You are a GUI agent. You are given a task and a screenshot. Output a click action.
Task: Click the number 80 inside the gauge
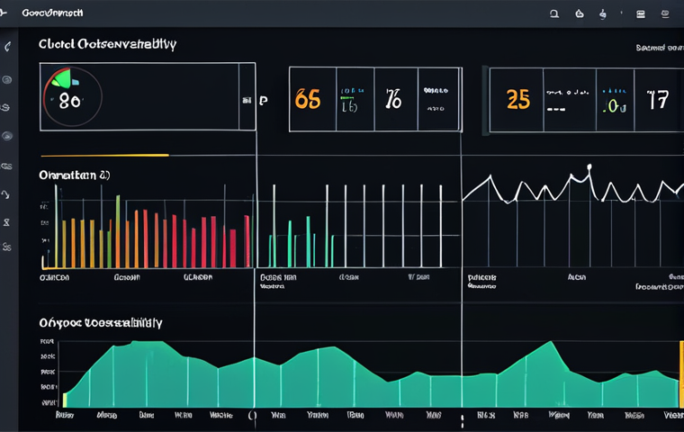click(x=69, y=101)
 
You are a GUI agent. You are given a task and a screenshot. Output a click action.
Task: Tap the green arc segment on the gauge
click(x=58, y=79)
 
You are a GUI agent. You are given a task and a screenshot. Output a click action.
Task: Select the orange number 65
click(x=307, y=99)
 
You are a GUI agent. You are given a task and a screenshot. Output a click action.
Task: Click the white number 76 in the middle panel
click(x=393, y=99)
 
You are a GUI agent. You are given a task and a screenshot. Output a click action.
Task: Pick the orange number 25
click(x=517, y=99)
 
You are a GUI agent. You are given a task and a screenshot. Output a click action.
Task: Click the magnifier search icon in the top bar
click(x=554, y=13)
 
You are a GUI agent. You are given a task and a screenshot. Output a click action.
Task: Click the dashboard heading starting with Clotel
click(x=107, y=43)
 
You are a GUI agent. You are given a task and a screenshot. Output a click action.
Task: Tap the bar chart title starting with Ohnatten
click(x=74, y=175)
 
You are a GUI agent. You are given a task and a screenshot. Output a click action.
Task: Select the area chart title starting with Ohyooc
click(x=100, y=321)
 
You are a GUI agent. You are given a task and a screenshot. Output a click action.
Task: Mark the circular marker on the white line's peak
click(x=589, y=166)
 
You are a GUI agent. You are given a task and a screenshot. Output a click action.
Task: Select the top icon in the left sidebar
click(x=8, y=47)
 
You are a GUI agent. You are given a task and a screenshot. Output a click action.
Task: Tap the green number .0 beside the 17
click(x=614, y=106)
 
